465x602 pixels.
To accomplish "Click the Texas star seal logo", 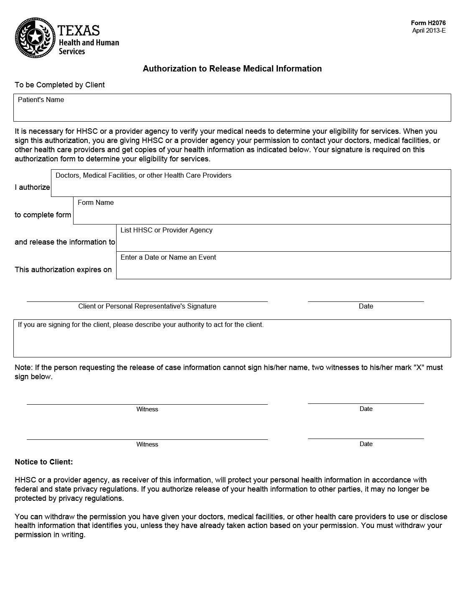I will [x=35, y=38].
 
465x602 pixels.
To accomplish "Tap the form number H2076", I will [x=428, y=23].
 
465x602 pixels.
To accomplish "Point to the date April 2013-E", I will [x=429, y=31].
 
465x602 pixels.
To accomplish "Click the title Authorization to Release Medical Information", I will [x=232, y=69].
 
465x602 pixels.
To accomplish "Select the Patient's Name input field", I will [x=232, y=111].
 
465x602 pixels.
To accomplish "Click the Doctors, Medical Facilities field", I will [x=251, y=186].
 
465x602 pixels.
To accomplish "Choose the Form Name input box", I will [x=262, y=214].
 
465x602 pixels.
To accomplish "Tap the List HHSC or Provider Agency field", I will [x=283, y=241].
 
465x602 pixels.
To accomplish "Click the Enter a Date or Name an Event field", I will [x=283, y=268].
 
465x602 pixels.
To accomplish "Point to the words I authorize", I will [x=32, y=187].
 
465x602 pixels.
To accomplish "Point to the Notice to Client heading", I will [x=44, y=462].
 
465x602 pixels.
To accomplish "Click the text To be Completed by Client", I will [x=60, y=85].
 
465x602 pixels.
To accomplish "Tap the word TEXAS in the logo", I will [x=79, y=31].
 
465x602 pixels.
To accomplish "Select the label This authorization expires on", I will [x=63, y=270].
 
